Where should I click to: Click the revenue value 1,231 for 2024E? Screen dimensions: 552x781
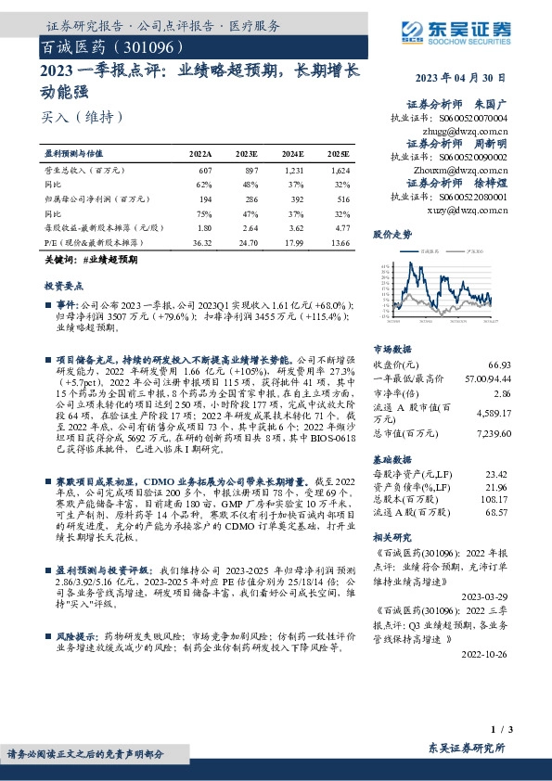click(293, 172)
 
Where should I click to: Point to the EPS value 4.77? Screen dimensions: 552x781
click(340, 227)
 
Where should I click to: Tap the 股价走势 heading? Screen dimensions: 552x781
click(392, 234)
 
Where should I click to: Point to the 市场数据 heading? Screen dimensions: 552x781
click(392, 350)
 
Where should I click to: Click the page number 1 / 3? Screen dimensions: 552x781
click(520, 731)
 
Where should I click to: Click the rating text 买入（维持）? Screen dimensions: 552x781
click(82, 117)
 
